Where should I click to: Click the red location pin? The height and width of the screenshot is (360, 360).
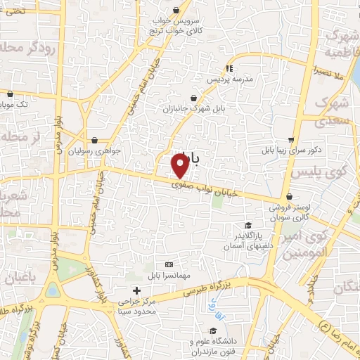(180, 165)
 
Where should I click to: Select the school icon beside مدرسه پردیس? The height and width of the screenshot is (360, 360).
(229, 68)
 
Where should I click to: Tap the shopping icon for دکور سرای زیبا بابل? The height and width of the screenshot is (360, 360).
(291, 139)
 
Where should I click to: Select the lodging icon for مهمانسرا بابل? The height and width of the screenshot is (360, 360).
(167, 263)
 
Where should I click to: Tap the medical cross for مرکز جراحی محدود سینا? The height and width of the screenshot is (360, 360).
(137, 290)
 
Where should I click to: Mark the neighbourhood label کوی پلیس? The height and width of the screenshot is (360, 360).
(336, 172)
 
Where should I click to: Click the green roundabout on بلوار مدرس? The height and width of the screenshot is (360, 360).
(53, 290)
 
